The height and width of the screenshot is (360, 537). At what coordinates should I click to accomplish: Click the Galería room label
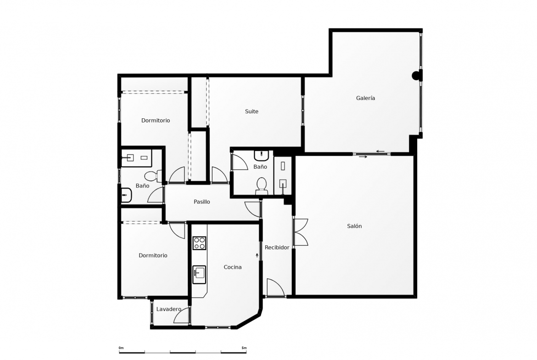pyautogui.click(x=365, y=98)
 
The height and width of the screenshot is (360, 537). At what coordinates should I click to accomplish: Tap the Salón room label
pyautogui.click(x=354, y=226)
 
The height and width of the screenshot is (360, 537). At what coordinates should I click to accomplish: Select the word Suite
pyautogui.click(x=252, y=111)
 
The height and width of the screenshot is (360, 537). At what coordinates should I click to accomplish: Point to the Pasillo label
pyautogui.click(x=201, y=202)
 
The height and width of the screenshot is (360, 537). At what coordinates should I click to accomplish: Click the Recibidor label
pyautogui.click(x=277, y=248)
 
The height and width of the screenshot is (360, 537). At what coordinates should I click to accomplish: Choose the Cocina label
pyautogui.click(x=233, y=267)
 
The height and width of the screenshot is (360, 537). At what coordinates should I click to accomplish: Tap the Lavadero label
pyautogui.click(x=169, y=309)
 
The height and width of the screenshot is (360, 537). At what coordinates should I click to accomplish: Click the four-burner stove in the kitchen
pyautogui.click(x=199, y=243)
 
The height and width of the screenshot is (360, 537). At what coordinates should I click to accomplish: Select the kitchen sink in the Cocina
pyautogui.click(x=199, y=274)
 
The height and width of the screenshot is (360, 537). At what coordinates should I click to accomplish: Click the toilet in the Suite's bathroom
pyautogui.click(x=262, y=185)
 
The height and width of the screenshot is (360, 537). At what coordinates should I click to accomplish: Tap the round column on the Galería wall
pyautogui.click(x=416, y=75)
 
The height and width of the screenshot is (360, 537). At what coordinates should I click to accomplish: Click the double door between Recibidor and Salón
pyautogui.click(x=300, y=232)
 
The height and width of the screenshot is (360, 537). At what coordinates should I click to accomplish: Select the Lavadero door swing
pyautogui.click(x=182, y=315)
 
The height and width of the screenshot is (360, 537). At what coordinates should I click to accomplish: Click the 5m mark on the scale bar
pyautogui.click(x=244, y=348)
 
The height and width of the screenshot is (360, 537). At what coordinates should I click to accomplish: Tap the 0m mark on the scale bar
pyautogui.click(x=121, y=348)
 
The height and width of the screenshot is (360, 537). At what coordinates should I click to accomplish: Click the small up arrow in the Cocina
pyautogui.click(x=257, y=255)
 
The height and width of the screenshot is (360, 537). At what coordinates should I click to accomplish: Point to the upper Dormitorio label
pyautogui.click(x=156, y=121)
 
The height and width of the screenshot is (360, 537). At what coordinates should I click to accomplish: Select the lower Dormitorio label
pyautogui.click(x=153, y=255)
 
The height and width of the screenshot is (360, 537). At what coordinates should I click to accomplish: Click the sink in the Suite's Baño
pyautogui.click(x=261, y=156)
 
